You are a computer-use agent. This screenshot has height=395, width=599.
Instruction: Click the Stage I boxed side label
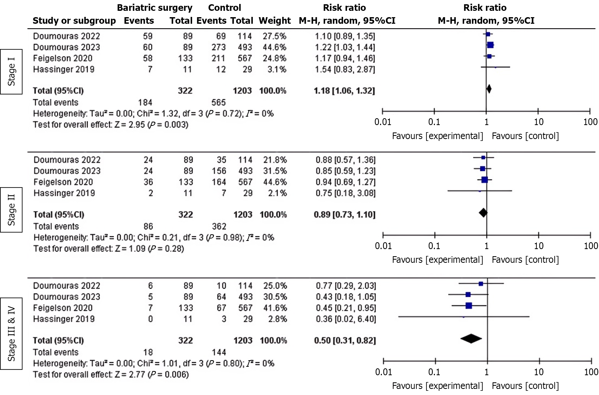[11, 72]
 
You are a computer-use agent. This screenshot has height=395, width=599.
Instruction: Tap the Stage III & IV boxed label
[11, 334]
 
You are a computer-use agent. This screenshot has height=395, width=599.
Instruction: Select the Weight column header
[275, 21]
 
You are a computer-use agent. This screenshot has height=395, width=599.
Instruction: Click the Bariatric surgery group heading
[155, 8]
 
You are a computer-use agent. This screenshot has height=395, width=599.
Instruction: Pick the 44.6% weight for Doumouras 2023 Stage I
[274, 47]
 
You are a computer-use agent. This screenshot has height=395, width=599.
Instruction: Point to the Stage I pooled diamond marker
[489, 89]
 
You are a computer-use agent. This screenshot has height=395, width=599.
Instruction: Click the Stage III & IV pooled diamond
[471, 339]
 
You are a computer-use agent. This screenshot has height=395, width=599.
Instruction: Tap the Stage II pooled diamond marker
[483, 213]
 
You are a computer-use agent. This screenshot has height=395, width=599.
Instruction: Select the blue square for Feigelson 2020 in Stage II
[484, 180]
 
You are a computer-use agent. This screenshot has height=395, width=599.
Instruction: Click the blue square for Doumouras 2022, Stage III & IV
[481, 284]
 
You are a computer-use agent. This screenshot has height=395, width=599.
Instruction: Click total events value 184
[145, 102]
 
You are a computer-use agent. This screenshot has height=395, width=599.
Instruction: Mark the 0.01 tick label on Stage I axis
[383, 122]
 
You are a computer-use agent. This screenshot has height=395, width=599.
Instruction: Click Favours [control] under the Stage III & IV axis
[525, 386]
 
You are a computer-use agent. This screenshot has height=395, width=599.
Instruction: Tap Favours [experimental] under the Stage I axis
[438, 136]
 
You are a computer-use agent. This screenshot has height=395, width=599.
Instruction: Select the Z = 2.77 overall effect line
[111, 374]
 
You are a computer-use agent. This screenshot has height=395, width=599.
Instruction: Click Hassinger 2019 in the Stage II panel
[64, 193]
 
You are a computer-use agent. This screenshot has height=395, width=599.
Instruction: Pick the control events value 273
[218, 47]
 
